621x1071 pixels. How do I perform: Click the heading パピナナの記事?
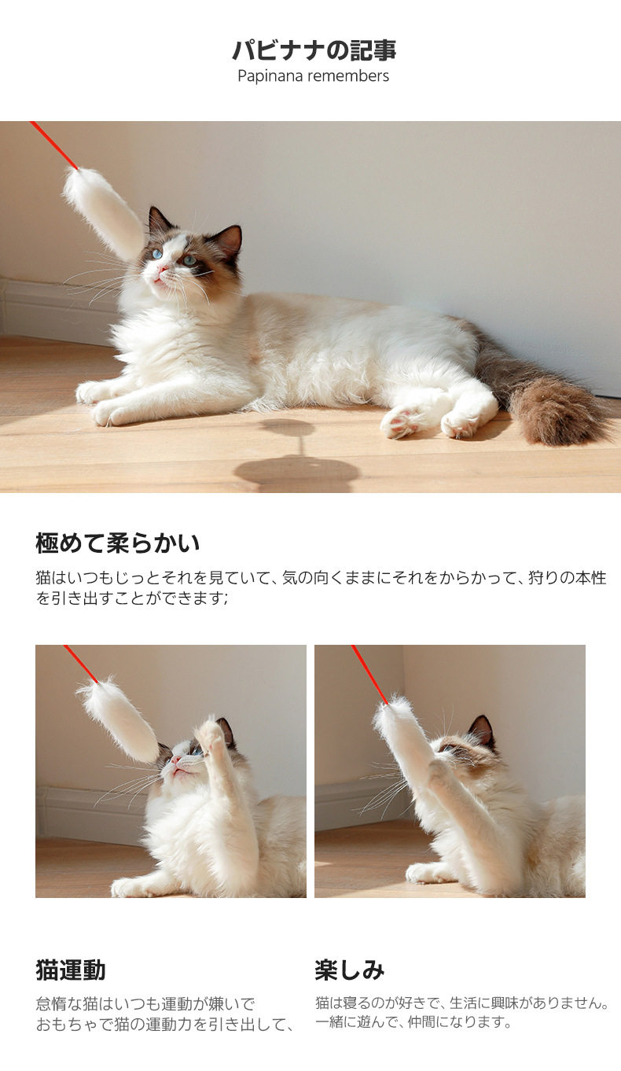coord(314,50)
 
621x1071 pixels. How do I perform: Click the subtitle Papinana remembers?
coord(313,76)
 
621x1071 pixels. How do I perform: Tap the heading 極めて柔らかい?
coord(118,543)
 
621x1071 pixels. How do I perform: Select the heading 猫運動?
coord(70,970)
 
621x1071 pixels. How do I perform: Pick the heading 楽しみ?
coord(350,970)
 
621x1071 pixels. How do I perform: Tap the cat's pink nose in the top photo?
coord(163,271)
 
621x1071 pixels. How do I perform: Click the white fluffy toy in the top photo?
coord(103,211)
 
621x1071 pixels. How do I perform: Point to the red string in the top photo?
coord(54,145)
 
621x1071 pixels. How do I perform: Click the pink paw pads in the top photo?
coord(402,421)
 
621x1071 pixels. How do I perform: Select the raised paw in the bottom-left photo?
coord(211,733)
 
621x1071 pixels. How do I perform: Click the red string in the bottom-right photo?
coord(369,674)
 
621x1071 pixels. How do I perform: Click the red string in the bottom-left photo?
coord(81,664)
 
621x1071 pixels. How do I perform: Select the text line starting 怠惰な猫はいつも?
coord(145,1003)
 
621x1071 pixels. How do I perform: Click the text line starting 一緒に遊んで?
coord(413,1022)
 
